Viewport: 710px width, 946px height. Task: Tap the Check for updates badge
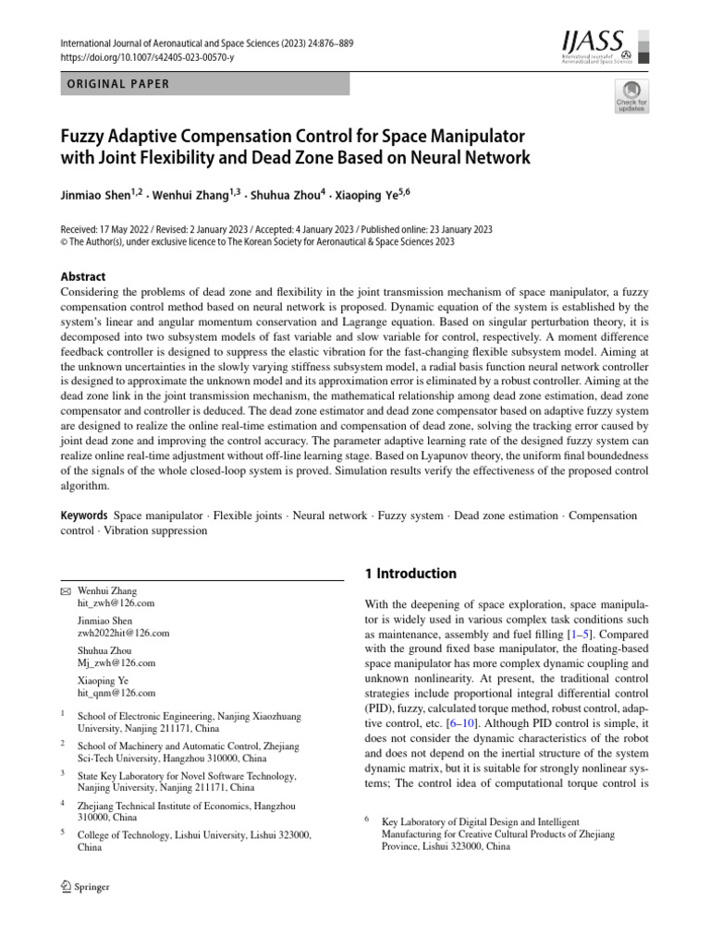[631, 95]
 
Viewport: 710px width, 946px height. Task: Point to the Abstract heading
[82, 276]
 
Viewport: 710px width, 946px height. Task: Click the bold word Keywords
[84, 515]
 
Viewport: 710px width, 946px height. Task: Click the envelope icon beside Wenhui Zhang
[65, 590]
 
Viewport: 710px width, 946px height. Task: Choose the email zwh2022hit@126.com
[124, 633]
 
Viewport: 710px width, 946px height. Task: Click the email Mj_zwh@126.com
[116, 663]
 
